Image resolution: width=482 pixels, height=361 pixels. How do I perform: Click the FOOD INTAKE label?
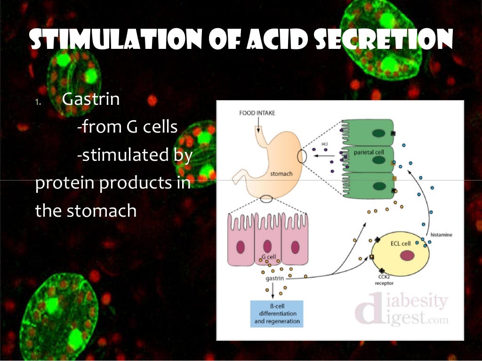point(257,113)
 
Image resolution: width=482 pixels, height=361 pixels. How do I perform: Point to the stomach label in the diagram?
point(281,174)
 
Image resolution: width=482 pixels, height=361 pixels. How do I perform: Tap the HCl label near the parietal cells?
point(325,143)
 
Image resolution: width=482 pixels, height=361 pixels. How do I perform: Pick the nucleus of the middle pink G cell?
point(267,247)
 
